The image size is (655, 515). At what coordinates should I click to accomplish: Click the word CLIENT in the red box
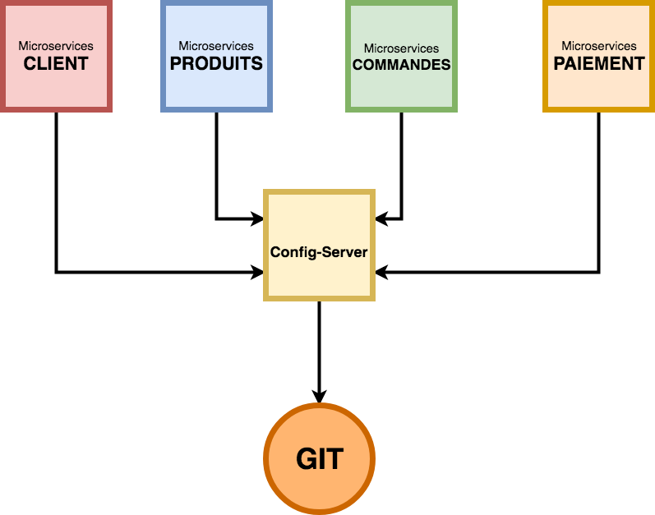(x=56, y=64)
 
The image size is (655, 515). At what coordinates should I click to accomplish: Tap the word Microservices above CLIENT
(x=56, y=46)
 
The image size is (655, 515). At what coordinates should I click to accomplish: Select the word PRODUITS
(x=216, y=64)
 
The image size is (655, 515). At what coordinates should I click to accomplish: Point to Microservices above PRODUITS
(x=216, y=46)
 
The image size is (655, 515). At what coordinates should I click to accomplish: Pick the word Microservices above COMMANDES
(x=401, y=48)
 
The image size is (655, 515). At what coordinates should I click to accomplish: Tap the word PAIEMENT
(x=599, y=64)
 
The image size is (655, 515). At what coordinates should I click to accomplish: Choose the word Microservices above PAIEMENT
(x=599, y=46)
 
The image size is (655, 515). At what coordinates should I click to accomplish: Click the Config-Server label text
(x=319, y=252)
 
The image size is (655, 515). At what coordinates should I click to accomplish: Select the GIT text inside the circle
(x=320, y=459)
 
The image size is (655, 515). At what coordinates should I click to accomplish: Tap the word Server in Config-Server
(x=345, y=252)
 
